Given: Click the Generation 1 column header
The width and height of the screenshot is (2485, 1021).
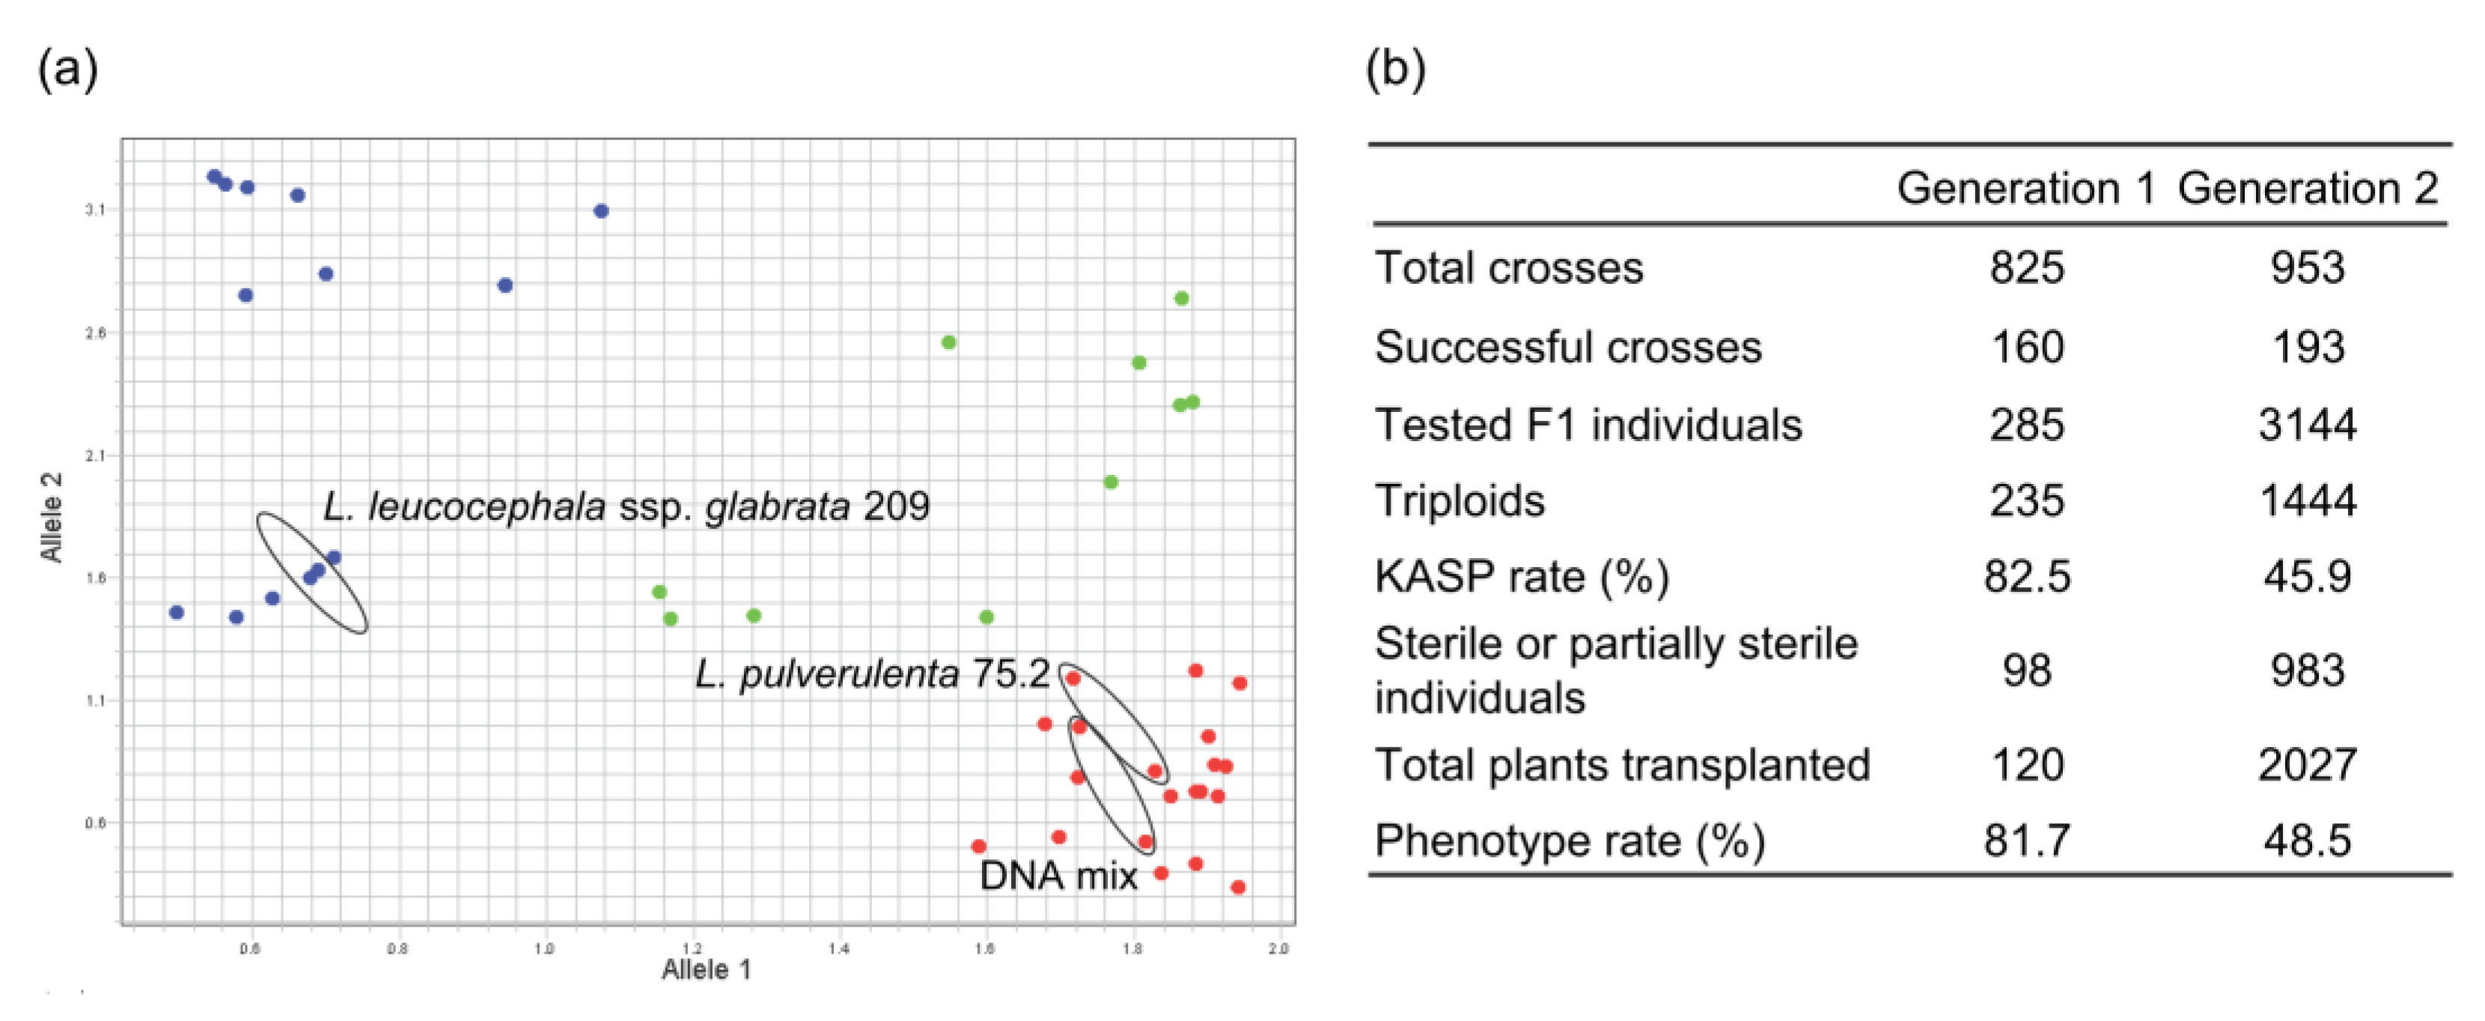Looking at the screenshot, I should tap(2026, 188).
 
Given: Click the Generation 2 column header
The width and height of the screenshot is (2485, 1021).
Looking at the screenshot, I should tap(2308, 188).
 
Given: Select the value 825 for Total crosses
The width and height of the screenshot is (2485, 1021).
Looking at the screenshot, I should tap(2027, 267).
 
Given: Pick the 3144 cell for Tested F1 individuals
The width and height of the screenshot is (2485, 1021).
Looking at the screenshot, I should tap(2308, 425).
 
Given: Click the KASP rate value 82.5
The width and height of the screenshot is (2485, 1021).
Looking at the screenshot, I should tap(2027, 576).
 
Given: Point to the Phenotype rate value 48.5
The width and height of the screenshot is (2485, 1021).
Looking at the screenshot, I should tap(2308, 840).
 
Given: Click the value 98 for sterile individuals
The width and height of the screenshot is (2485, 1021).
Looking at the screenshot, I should tap(2027, 670).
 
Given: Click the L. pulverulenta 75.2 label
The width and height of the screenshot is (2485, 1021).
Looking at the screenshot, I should tap(872, 673).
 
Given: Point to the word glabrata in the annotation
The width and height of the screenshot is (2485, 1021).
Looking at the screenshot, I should tap(778, 506).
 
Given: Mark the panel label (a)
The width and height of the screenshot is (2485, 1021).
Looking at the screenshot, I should tap(67, 70).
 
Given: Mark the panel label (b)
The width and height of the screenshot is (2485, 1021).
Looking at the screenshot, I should tap(1395, 70).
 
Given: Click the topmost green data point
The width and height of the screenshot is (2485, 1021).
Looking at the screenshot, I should tap(1182, 298).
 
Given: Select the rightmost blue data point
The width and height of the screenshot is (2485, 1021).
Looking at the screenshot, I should tap(601, 210).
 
